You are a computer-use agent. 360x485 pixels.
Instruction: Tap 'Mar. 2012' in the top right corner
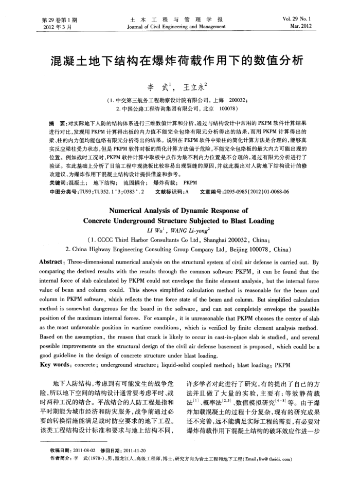point(314,26)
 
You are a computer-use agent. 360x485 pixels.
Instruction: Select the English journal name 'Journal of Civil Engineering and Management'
point(179,26)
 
